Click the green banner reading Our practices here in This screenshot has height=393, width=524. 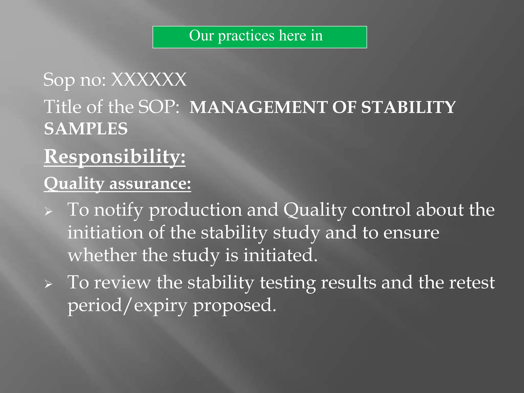coord(259,37)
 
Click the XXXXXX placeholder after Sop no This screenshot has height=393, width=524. coord(148,80)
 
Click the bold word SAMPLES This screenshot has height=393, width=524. coord(86,128)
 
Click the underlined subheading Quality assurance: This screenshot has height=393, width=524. coord(117,183)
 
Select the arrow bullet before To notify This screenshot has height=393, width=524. coord(48,211)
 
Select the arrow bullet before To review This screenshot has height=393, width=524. coord(48,284)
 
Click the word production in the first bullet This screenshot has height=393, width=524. coord(195,210)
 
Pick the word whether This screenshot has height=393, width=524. coord(102,255)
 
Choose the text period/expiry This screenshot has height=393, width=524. coord(127,305)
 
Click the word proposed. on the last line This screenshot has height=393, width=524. coord(234,305)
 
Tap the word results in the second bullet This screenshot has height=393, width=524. coord(348,282)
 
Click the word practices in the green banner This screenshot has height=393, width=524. coord(246,36)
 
